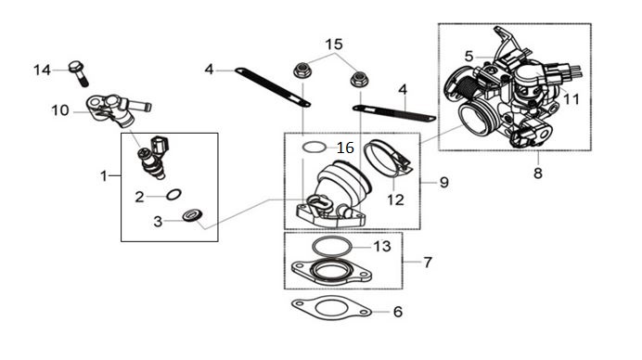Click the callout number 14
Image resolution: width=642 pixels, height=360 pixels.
(42, 70)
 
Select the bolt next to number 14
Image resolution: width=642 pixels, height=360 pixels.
(79, 73)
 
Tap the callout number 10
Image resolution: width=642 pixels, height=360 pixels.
(59, 110)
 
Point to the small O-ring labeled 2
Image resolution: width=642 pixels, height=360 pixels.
(174, 194)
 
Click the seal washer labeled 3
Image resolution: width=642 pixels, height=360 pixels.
(192, 215)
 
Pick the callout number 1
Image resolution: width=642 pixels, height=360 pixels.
(104, 176)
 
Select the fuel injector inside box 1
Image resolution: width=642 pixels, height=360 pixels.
(153, 158)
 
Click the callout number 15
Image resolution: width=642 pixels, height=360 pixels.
(334, 45)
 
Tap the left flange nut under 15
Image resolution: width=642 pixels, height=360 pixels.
(302, 71)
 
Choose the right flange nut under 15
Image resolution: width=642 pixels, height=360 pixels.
(359, 78)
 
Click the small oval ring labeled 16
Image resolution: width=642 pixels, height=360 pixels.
(315, 147)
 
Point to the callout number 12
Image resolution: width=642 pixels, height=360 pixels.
(395, 199)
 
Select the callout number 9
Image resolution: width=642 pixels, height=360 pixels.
(444, 182)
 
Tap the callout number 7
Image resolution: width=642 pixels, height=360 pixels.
(428, 263)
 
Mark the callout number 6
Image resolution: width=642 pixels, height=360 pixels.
(398, 312)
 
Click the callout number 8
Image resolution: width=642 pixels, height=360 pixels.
(538, 174)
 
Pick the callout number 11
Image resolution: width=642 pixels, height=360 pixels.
(571, 99)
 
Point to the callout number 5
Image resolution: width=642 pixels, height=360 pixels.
(469, 56)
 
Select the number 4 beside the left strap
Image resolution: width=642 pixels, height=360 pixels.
(209, 70)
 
